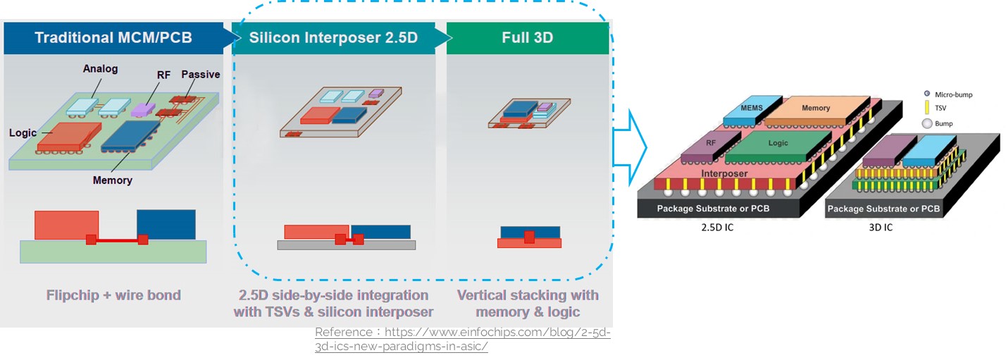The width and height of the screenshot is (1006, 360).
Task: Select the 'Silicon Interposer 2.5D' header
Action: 333,37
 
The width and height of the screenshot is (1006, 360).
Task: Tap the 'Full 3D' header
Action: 527,37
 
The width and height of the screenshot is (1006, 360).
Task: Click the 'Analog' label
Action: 100,69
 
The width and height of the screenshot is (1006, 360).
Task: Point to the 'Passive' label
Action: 201,75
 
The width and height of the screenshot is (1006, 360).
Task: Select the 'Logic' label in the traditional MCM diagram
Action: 23,132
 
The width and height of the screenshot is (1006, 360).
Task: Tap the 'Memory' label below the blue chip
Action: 112,180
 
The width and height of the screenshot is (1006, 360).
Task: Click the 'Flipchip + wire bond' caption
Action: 113,294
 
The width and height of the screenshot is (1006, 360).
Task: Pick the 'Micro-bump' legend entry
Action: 953,94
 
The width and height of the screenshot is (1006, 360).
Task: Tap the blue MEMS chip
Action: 752,108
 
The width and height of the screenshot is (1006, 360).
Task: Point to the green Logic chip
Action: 778,144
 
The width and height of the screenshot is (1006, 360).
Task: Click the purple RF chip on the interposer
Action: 710,142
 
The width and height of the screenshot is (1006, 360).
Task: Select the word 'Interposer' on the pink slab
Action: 724,173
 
